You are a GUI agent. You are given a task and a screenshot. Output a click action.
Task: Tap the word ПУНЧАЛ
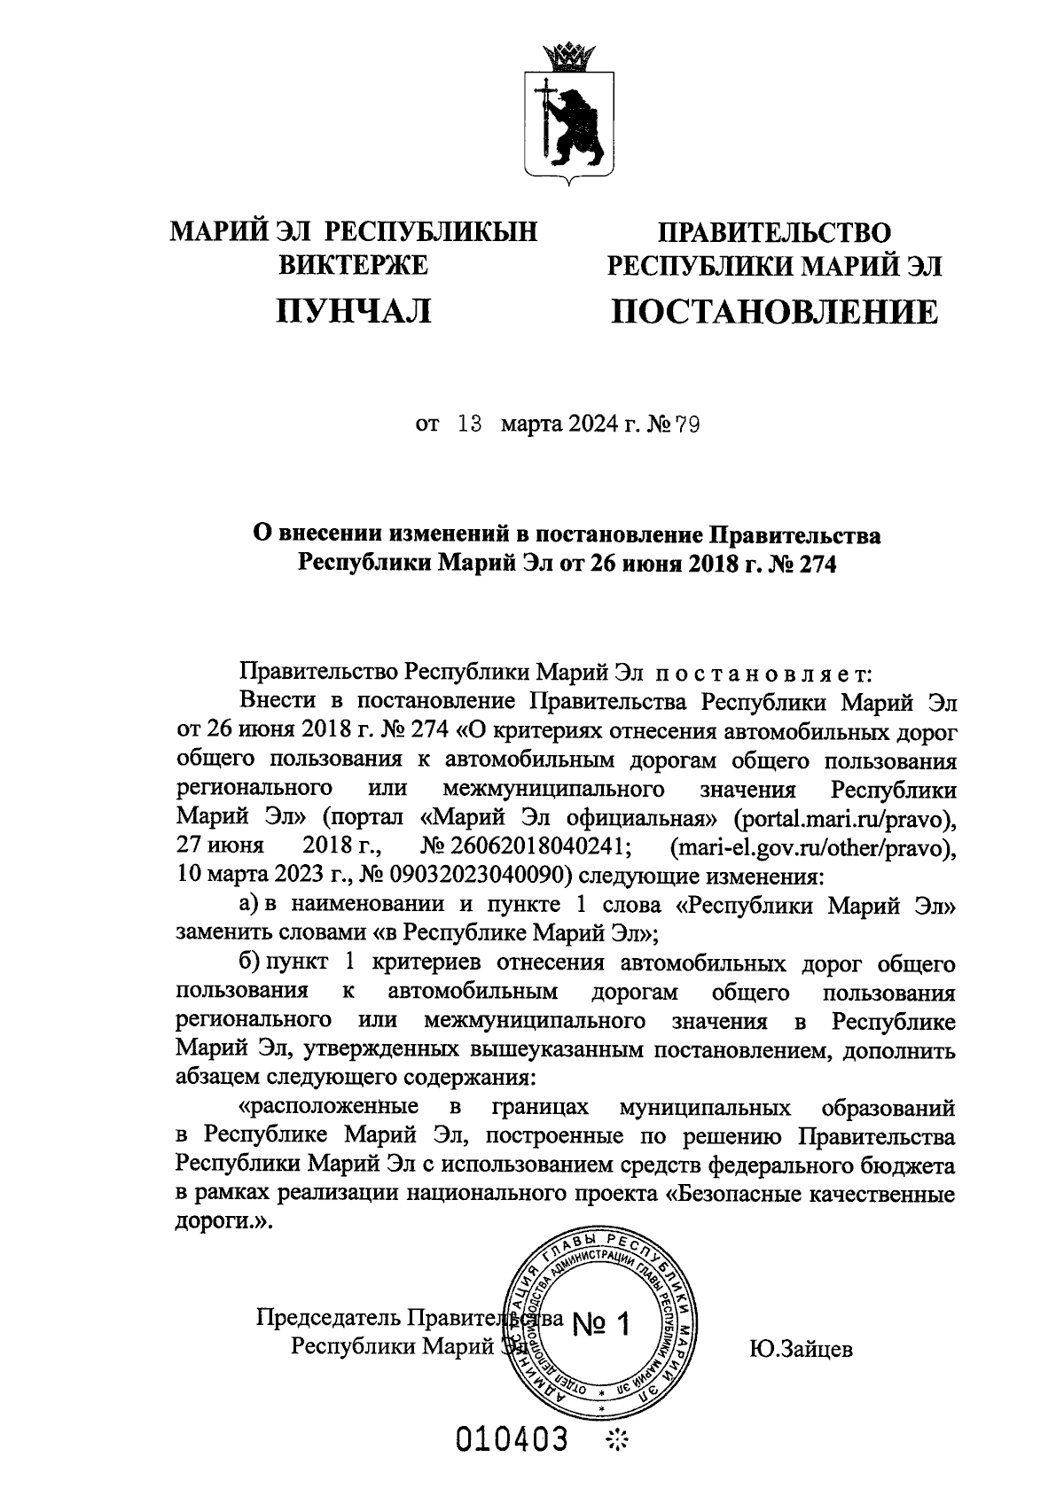pos(354,310)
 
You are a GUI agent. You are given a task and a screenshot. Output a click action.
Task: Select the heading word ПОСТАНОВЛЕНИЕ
pos(774,311)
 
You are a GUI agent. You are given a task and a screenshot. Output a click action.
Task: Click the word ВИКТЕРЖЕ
pos(354,264)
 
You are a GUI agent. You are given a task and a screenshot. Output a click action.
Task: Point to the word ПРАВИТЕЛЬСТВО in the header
pos(773,232)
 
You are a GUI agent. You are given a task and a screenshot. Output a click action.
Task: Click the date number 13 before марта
pos(469,425)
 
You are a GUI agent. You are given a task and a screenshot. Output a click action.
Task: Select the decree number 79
pos(687,426)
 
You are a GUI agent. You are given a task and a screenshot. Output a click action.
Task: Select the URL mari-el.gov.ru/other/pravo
pos(812,846)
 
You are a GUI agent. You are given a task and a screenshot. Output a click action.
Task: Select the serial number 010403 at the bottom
pos(512,1441)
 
